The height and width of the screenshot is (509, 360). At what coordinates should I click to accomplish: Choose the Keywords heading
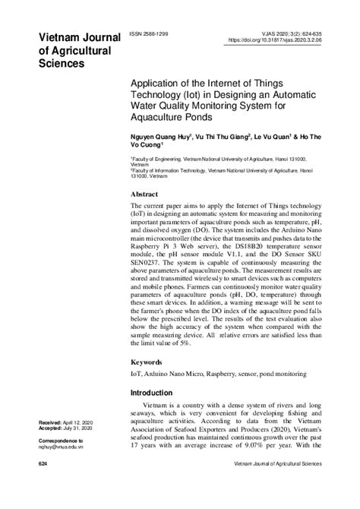pos(150,362)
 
